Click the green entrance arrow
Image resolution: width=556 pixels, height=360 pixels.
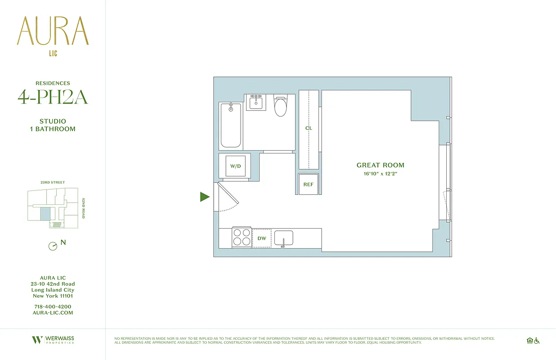tap(205, 197)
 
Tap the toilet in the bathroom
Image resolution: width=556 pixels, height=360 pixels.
tap(280, 107)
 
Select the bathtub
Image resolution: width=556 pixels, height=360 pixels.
tap(231, 126)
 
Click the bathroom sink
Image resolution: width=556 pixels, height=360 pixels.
tap(256, 102)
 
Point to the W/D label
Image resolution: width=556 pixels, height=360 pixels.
tap(236, 166)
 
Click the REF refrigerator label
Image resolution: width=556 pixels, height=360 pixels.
tap(308, 184)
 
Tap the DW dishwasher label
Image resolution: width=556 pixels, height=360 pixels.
tap(261, 238)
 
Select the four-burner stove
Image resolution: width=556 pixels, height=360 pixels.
tap(241, 238)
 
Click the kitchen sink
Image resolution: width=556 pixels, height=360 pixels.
tap(283, 238)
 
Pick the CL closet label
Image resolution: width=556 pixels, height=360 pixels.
tap(309, 128)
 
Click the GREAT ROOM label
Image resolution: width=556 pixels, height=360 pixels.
tap(380, 165)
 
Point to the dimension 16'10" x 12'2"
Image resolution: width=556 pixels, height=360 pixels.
tap(380, 174)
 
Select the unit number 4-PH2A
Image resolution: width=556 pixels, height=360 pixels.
tap(53, 97)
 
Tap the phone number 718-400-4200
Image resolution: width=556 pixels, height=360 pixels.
tap(53, 306)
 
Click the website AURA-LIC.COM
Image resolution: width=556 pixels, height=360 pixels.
tap(53, 313)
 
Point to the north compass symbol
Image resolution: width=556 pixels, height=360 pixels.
tap(53, 246)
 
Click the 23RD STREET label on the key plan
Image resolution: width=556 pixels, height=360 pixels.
tap(53, 182)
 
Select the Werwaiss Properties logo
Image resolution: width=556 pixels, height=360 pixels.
tap(53, 340)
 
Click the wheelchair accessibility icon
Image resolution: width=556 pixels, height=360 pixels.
tap(536, 341)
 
